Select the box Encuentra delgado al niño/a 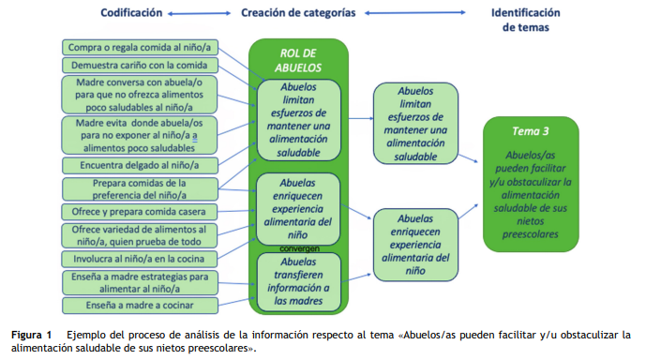(x=138, y=165)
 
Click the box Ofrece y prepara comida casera (x=139, y=212)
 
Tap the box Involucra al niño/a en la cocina (x=138, y=258)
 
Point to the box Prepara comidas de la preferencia (x=139, y=188)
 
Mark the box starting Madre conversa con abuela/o (x=139, y=95)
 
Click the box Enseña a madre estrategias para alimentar (x=139, y=281)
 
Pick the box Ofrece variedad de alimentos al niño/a (x=139, y=234)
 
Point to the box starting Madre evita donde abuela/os (x=139, y=134)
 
